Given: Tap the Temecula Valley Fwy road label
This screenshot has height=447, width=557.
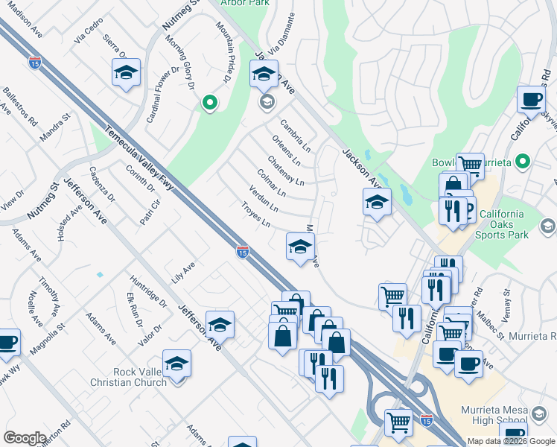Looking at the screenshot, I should [x=140, y=158].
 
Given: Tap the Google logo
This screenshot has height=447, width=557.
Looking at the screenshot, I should [x=25, y=438].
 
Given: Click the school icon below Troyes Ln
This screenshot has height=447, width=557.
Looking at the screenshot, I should [x=300, y=247].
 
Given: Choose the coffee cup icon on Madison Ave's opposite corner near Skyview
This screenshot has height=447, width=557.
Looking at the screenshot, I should [x=531, y=99].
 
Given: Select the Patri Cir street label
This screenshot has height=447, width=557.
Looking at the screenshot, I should [x=151, y=212].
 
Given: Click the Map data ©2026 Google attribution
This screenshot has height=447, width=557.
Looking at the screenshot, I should [x=511, y=441].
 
